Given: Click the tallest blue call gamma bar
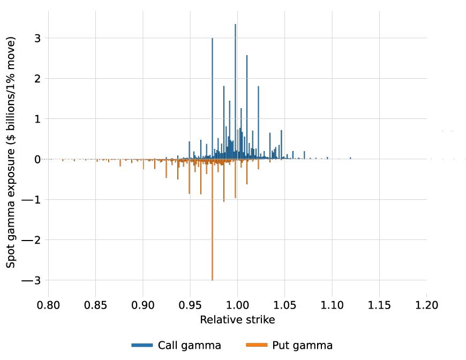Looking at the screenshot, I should [x=235, y=91].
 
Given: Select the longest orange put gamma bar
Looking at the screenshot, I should [x=212, y=220].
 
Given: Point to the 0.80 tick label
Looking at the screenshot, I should [x=49, y=305].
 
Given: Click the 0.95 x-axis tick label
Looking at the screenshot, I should [x=190, y=305].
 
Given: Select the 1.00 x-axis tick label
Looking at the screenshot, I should [x=237, y=305].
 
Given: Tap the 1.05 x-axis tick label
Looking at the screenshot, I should [x=284, y=305].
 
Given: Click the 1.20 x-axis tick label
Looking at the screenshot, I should [x=426, y=305].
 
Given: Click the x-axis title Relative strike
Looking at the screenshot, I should [x=237, y=320].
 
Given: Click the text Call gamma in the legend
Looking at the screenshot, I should [x=189, y=345].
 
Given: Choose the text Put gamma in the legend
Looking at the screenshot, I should [x=302, y=345].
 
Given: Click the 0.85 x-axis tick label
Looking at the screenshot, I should [x=96, y=305].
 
